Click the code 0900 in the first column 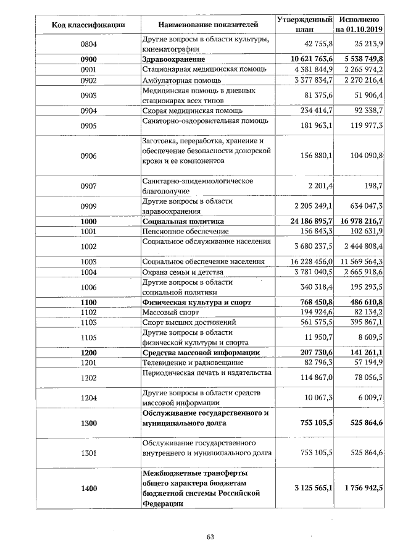pos(89,59)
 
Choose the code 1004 pos(89,272)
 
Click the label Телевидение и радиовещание pos(193,362)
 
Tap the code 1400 pos(89,488)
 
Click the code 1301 pos(89,453)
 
